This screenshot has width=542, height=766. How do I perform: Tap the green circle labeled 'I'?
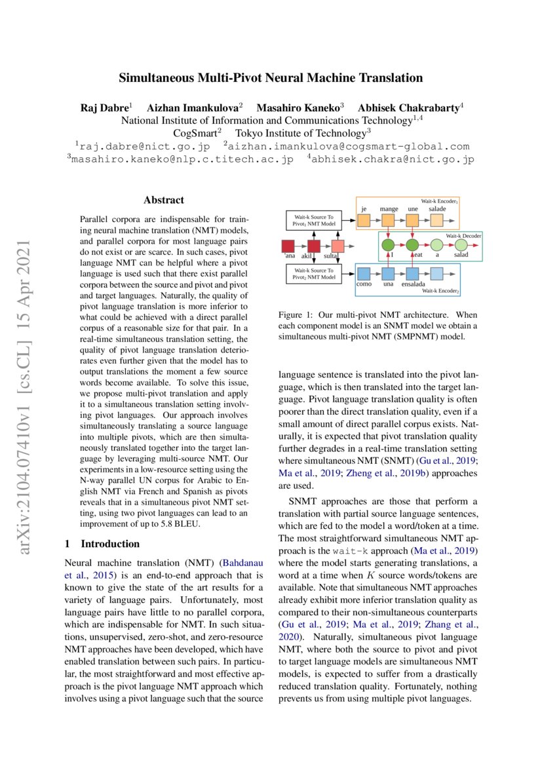point(388,246)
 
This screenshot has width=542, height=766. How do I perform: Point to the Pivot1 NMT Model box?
point(313,220)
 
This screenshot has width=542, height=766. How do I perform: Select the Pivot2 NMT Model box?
point(313,273)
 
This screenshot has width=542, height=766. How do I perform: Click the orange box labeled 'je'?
point(364,221)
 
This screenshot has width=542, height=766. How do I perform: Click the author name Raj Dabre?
point(104,107)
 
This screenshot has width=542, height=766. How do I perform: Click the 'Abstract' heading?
point(163,200)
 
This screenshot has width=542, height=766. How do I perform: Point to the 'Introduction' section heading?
point(109,544)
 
